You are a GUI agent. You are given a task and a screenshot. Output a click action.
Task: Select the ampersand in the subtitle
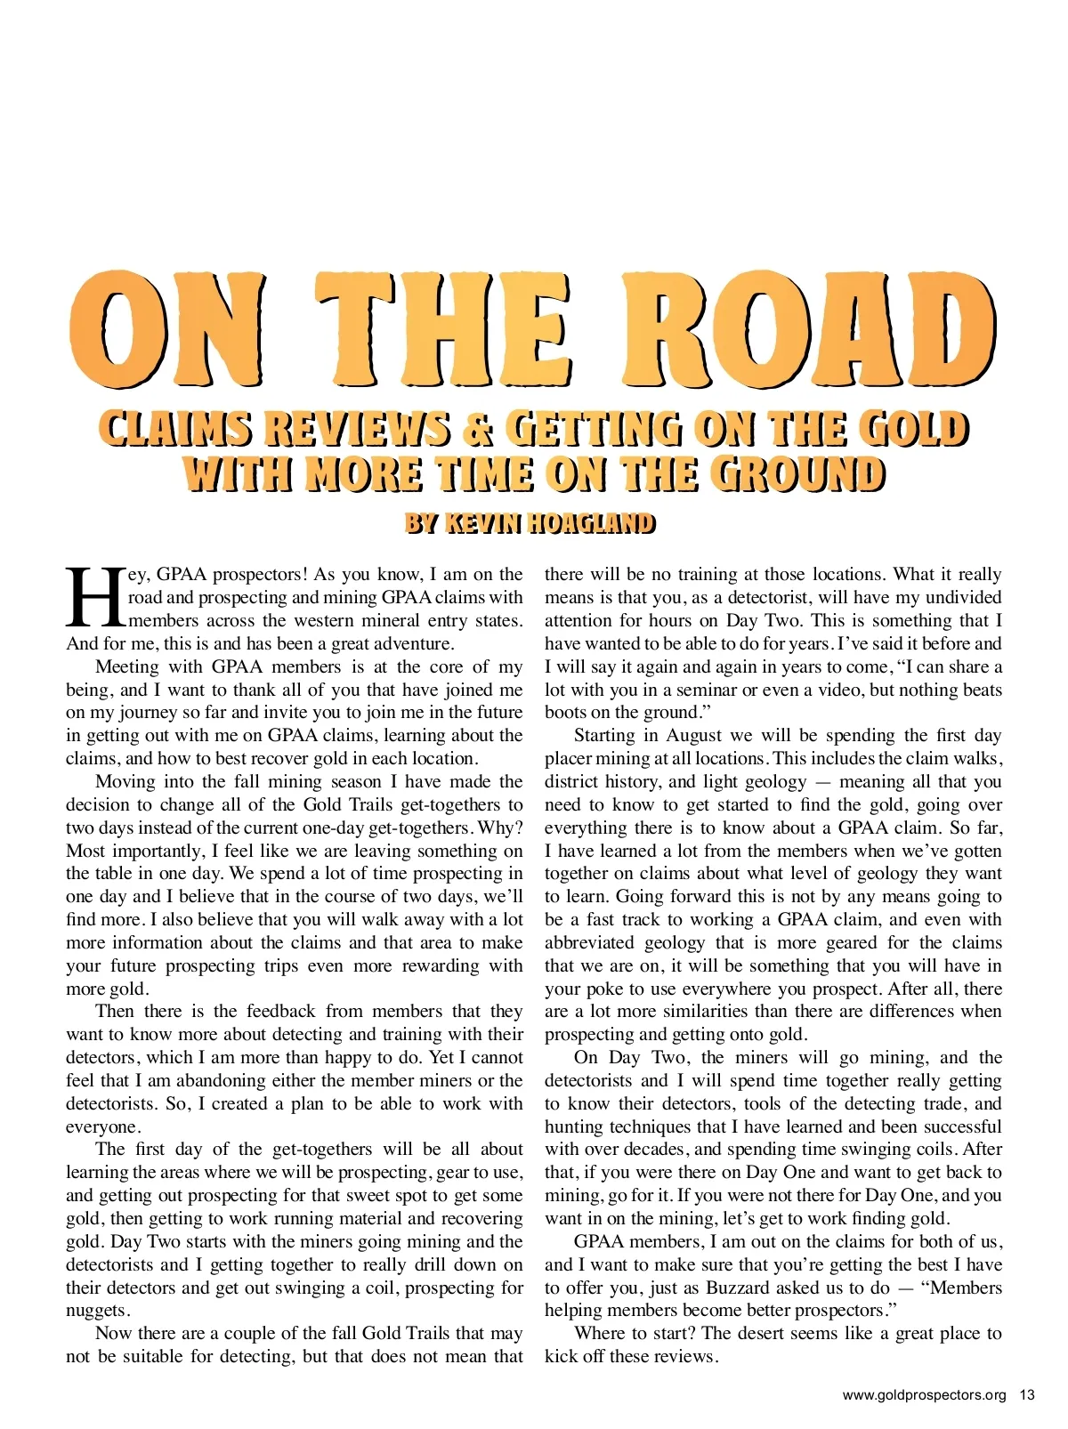(x=477, y=429)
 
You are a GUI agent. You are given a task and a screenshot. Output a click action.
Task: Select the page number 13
(x=1027, y=1394)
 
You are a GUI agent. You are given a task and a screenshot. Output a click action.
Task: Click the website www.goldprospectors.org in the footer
(x=924, y=1394)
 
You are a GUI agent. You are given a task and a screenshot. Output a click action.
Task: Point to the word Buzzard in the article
(x=738, y=1288)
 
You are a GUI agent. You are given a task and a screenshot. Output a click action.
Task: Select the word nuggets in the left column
(x=97, y=1311)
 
